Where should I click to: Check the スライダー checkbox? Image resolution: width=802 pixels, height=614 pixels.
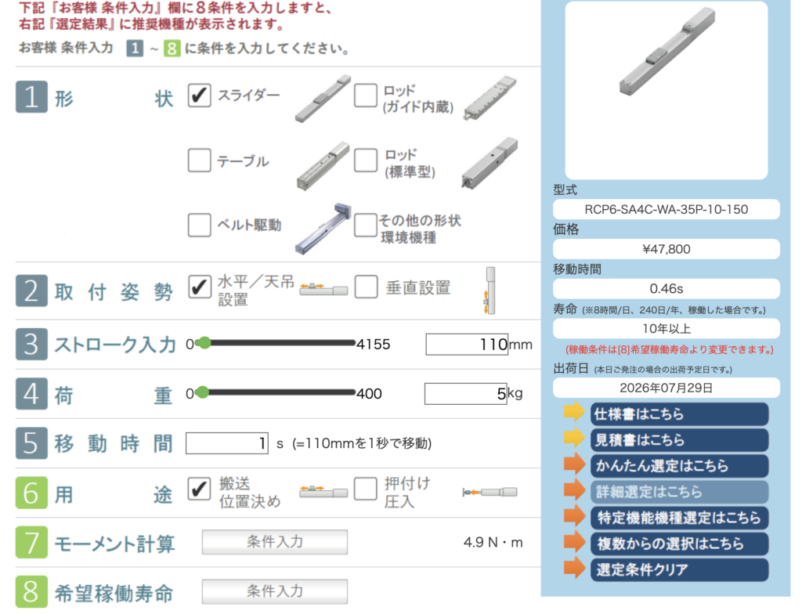coord(199,96)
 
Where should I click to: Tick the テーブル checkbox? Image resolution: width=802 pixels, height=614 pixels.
coord(199,160)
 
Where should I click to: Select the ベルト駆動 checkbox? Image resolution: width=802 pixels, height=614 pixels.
coord(199,225)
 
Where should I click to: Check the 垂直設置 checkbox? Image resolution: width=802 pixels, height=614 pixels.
coord(367,287)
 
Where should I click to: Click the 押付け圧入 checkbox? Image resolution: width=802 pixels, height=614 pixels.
coord(366,489)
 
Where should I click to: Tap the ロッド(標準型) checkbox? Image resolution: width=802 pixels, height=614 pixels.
coord(366,160)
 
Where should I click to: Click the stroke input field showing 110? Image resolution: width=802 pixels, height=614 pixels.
coord(467,344)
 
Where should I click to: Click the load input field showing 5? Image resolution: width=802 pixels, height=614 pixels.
coord(465,393)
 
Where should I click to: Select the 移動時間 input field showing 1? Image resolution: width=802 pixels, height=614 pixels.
coord(226,443)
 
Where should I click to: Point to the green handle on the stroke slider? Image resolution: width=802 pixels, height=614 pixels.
coord(204,343)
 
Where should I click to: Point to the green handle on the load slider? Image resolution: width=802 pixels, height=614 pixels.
coord(203,392)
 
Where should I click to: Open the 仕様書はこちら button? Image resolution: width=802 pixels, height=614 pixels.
coord(679,414)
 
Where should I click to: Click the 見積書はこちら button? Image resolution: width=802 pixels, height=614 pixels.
coord(679,440)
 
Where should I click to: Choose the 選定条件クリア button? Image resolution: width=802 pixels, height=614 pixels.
coord(679,569)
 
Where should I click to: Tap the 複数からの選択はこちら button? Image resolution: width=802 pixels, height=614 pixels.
coord(679,544)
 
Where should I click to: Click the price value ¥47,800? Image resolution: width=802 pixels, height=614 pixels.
coord(666,249)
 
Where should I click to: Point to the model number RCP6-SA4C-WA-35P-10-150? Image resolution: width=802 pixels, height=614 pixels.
coord(666,209)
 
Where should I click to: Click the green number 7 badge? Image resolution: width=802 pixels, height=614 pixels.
coord(31,543)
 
